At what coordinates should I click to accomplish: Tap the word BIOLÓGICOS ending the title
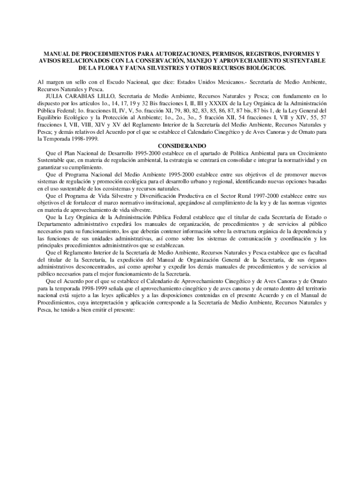[260, 68]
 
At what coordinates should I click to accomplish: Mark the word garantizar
[50, 167]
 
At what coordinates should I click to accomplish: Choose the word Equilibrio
[52, 117]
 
